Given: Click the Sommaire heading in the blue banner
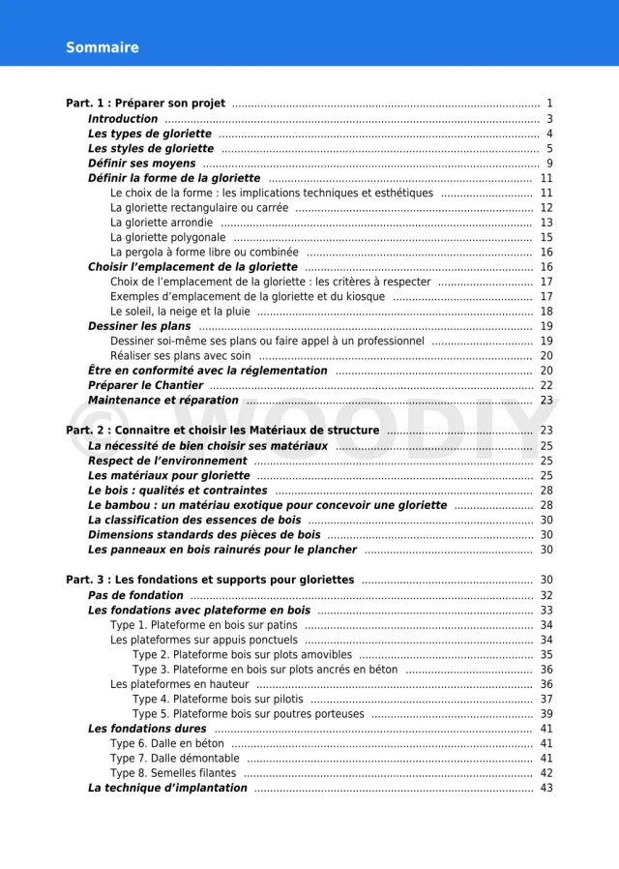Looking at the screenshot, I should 102,47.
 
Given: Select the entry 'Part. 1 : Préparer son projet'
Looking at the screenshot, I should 145,104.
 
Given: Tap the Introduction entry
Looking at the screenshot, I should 123,119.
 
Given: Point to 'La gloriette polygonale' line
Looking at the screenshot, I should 167,237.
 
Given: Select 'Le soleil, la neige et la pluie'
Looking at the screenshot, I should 180,312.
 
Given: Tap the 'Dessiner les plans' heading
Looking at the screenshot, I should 139,326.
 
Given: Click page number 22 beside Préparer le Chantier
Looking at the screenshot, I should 546,385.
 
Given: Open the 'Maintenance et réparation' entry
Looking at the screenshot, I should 162,401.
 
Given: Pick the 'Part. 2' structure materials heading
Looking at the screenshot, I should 222,431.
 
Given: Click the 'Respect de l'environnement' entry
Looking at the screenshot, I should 167,461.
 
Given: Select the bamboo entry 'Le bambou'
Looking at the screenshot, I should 267,505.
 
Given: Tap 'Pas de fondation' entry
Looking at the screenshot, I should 135,595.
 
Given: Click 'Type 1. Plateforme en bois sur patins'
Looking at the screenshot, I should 203,625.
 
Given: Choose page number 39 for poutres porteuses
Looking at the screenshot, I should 546,714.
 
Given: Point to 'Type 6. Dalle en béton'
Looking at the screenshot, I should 166,744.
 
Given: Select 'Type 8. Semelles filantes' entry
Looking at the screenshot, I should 172,773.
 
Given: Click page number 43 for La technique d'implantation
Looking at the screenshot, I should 546,788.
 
